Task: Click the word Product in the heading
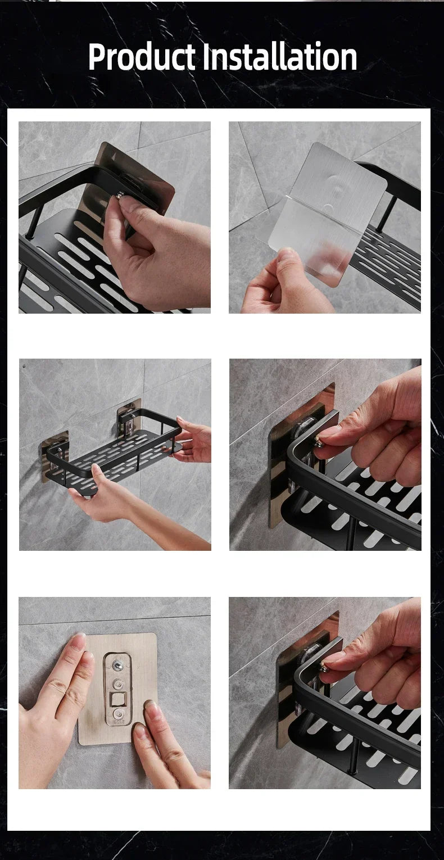142,57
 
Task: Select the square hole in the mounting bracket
118,700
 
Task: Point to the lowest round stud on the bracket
118,714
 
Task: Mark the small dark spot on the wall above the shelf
24,366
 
